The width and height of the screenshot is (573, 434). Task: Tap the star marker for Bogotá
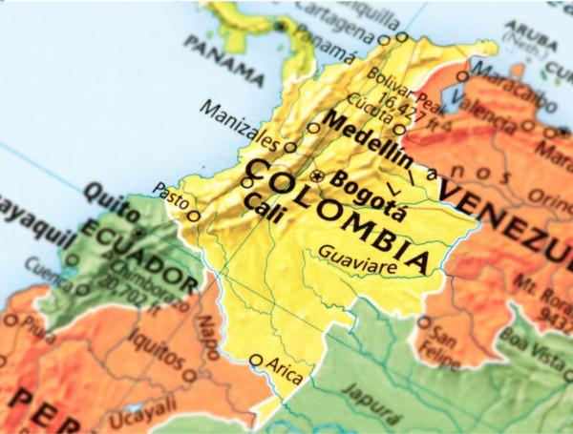coord(319,176)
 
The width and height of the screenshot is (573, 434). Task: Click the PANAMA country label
coord(224,59)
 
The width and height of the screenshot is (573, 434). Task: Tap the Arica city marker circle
coord(256,361)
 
